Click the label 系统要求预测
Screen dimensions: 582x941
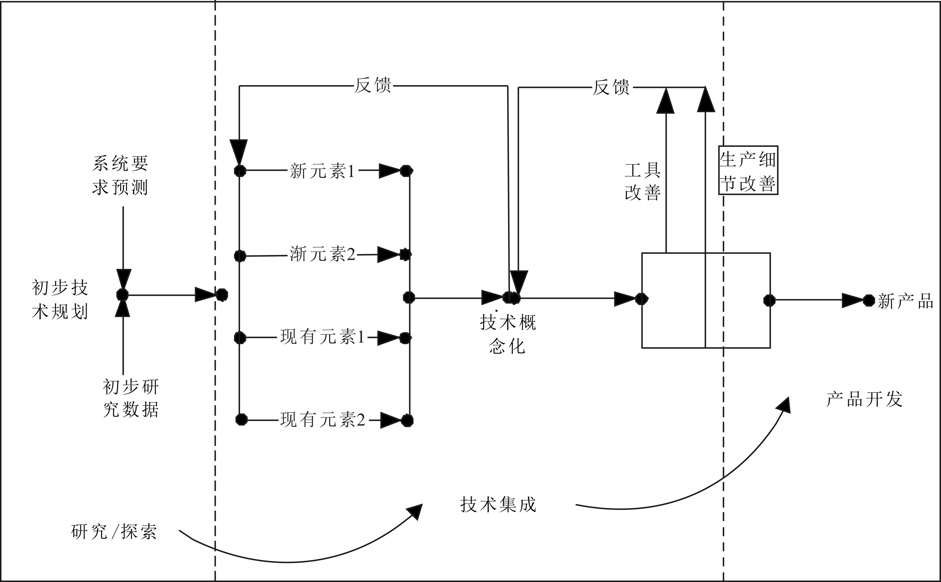(120, 175)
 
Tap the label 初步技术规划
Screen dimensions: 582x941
(60, 300)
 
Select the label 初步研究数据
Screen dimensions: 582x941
(131, 398)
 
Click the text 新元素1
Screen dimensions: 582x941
(322, 171)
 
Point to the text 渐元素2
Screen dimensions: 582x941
(322, 254)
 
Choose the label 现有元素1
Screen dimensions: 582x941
(322, 337)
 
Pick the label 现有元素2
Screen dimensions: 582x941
(323, 419)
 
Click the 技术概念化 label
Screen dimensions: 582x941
(508, 334)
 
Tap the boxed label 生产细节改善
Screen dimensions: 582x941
(748, 171)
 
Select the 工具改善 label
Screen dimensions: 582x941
(642, 181)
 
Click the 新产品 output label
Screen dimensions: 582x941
(906, 301)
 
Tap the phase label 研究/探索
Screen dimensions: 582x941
(114, 532)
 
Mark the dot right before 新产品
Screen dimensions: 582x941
(869, 300)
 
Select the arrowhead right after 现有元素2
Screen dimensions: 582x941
(390, 420)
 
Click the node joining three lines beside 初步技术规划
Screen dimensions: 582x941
(122, 295)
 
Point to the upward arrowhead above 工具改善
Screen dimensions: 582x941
(665, 101)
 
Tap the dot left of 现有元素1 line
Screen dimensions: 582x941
(240, 338)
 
